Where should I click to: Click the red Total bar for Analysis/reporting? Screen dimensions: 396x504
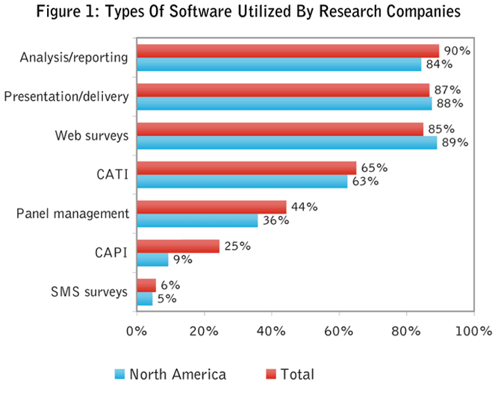pos(287,50)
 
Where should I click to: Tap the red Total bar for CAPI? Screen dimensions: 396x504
pos(178,247)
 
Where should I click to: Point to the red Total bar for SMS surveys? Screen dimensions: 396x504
pos(146,285)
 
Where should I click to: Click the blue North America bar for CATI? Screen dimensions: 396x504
pos(241,182)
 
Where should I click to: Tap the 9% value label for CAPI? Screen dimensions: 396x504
pos(182,260)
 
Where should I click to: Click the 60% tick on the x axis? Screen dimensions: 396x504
pos(339,330)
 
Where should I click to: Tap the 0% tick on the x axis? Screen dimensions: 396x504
pos(137,330)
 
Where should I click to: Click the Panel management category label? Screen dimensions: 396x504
pos(72,214)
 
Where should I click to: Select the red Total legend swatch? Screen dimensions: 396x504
pos(270,374)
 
